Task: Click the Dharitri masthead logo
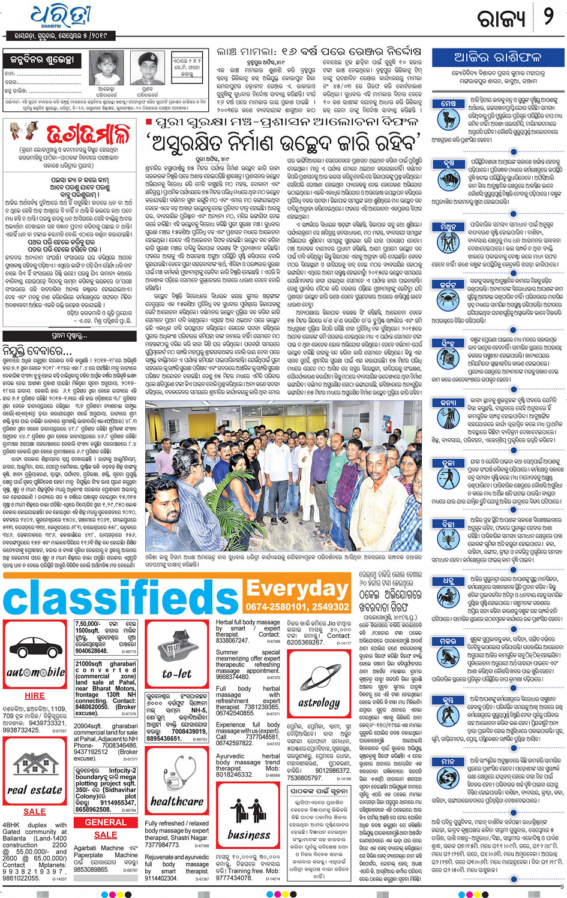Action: pyautogui.click(x=60, y=16)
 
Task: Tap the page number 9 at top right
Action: pyautogui.click(x=548, y=16)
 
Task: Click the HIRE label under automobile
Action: pyautogui.click(x=35, y=695)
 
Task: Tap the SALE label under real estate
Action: pyautogui.click(x=35, y=811)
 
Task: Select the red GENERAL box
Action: pyautogui.click(x=106, y=822)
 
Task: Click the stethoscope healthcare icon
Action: pyautogui.click(x=176, y=772)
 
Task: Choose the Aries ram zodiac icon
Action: pyautogui.click(x=448, y=119)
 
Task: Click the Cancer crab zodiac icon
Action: pyautogui.click(x=448, y=298)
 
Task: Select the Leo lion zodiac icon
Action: pyautogui.click(x=448, y=358)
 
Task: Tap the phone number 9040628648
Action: pyautogui.click(x=92, y=650)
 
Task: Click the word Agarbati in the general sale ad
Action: pyautogui.click(x=88, y=848)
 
